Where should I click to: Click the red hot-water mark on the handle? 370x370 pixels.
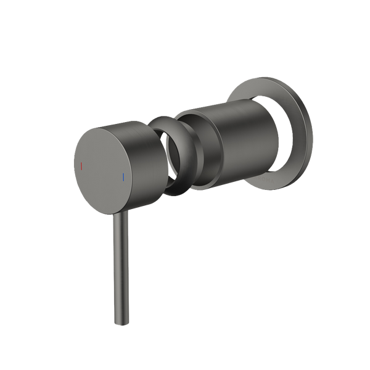pos(83,167)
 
